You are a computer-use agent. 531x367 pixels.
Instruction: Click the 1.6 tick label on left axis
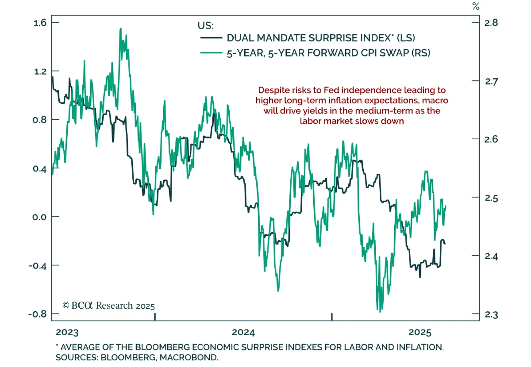pos(40,23)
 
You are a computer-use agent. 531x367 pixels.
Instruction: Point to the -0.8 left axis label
pos(37,314)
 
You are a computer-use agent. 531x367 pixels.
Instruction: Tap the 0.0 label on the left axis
pos(40,217)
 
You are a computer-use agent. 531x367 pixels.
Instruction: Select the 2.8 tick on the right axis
pos(491,23)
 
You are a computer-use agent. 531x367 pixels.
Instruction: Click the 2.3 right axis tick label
pos(491,314)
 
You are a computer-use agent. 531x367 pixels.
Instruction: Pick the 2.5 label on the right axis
pos(491,198)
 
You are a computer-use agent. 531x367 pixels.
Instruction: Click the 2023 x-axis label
pos(67,332)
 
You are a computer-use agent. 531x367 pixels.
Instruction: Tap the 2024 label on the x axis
pos(243,332)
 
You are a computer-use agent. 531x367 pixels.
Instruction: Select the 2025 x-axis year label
pos(420,332)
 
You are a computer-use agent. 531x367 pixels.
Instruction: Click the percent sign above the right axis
pos(476,6)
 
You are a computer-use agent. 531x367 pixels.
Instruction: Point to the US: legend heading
pos(205,26)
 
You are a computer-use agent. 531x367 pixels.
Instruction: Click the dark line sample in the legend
pos(211,38)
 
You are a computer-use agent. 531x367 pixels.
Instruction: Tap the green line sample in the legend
pos(211,53)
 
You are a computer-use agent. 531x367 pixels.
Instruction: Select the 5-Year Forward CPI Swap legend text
pos(328,53)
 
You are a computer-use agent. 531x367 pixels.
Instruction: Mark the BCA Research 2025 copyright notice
pos(109,305)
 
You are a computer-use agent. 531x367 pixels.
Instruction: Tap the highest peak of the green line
pos(120,29)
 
